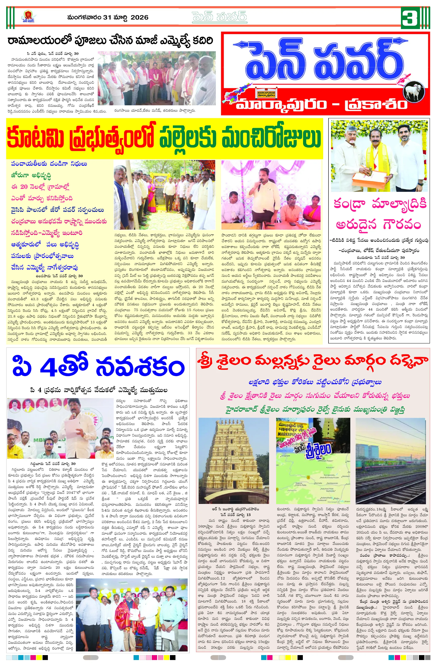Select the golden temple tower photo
pyautogui.click(x=234, y=461)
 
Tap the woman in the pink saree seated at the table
pyautogui.click(x=312, y=211)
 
